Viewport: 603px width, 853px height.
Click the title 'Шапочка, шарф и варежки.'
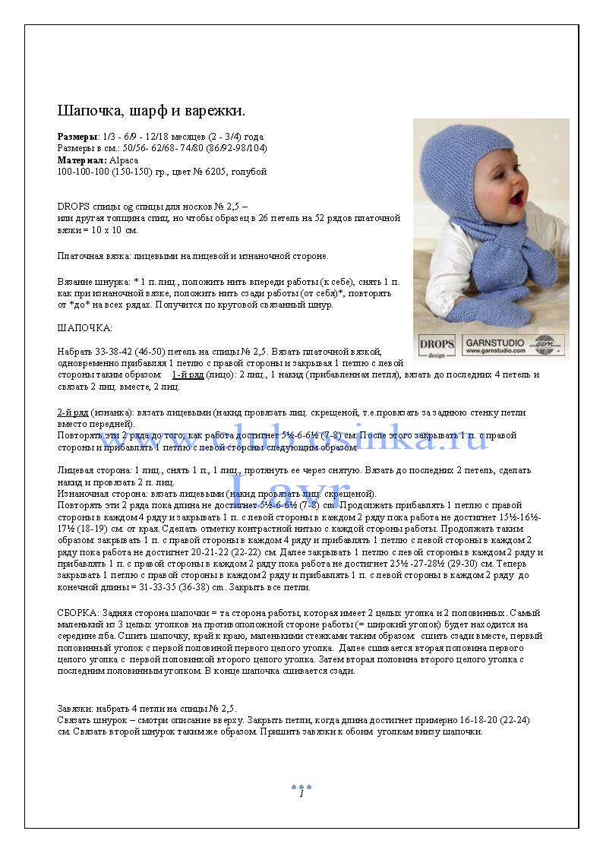coord(151,111)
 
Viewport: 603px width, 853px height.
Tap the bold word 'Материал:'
coord(80,160)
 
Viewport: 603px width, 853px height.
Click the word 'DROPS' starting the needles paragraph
coord(73,207)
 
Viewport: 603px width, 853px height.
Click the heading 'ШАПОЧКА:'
coord(84,328)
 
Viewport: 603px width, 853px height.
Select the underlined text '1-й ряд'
coord(188,374)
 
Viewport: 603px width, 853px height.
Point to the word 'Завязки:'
coord(77,709)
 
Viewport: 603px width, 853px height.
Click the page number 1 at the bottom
coord(301,794)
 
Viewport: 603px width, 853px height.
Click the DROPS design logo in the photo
coord(437,346)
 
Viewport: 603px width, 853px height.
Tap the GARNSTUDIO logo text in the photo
coord(495,343)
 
